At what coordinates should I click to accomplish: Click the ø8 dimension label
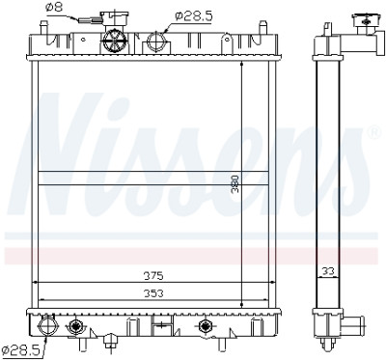click(x=54, y=8)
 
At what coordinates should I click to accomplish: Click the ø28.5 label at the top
click(x=194, y=16)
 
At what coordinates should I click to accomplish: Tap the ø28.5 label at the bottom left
click(x=20, y=348)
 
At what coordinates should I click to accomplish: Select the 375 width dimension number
click(x=153, y=276)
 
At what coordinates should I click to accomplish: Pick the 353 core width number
click(x=153, y=293)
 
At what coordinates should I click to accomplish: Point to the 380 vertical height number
click(x=235, y=183)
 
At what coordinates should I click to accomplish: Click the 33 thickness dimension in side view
click(x=328, y=271)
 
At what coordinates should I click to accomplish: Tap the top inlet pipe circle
click(x=156, y=42)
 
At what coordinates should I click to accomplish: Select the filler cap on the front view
click(x=115, y=16)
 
